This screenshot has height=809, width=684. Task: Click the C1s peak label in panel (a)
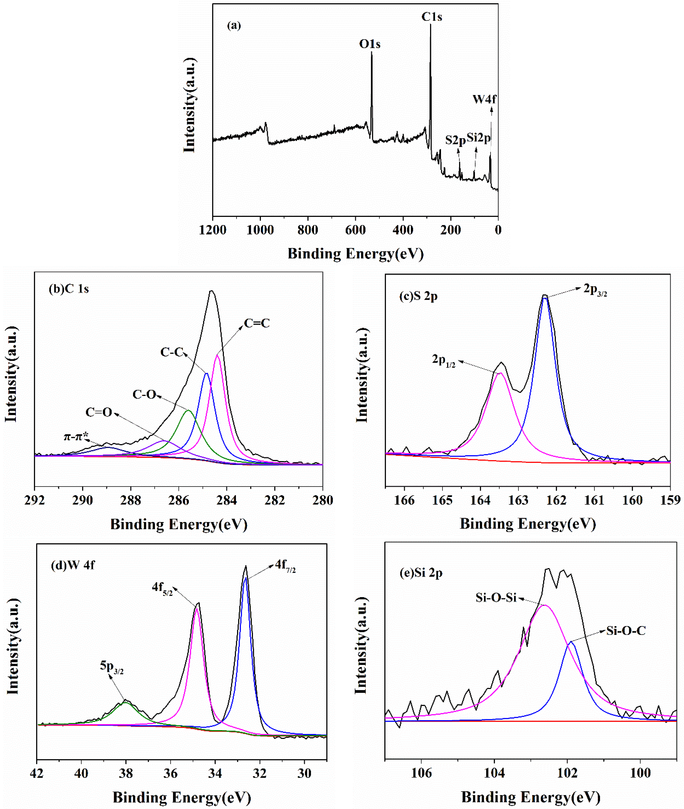432,17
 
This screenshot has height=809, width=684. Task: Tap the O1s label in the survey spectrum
370,44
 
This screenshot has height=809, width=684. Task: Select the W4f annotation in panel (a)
484,99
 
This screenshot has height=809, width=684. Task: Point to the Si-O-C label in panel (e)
626,631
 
